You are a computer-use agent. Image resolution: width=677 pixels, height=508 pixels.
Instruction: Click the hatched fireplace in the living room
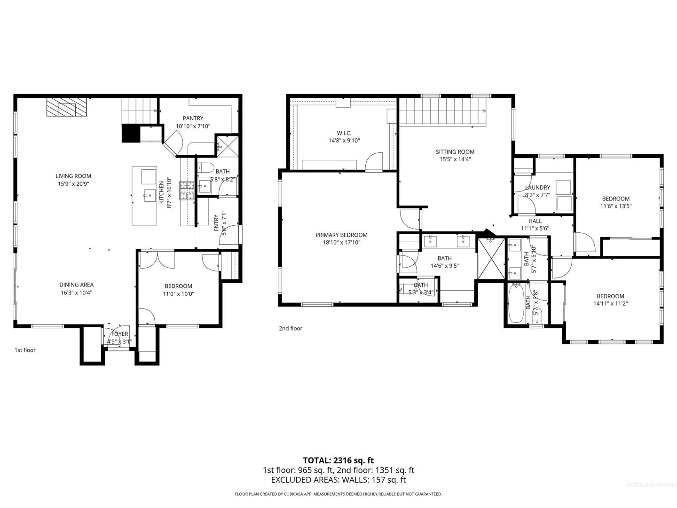click(x=67, y=107)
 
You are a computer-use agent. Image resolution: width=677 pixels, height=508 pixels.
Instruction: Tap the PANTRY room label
click(x=193, y=118)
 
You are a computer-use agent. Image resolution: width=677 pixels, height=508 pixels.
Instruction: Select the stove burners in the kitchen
click(x=187, y=190)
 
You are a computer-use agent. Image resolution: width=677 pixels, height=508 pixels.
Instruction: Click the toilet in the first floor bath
click(x=206, y=167)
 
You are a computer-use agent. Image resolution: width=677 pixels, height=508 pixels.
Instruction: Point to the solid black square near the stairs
click(x=131, y=133)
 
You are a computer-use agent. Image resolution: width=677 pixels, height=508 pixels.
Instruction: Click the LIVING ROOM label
click(x=73, y=176)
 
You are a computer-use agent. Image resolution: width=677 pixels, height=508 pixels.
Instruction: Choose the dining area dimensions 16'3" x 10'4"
click(x=76, y=293)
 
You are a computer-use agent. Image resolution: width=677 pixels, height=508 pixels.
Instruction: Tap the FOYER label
click(x=120, y=334)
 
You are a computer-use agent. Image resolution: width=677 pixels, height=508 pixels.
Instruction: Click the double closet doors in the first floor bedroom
click(x=157, y=260)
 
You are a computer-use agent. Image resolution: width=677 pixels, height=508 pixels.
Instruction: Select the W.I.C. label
click(x=344, y=133)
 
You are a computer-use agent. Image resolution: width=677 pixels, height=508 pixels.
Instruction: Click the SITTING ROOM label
click(x=455, y=152)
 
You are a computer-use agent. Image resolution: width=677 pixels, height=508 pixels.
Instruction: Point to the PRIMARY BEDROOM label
click(x=341, y=235)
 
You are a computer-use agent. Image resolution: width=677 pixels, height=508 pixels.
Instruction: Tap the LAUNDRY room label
click(x=537, y=188)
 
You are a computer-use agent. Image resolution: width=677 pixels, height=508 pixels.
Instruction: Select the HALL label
click(x=535, y=221)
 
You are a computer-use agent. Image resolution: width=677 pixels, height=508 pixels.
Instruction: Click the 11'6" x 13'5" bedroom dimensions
click(x=615, y=206)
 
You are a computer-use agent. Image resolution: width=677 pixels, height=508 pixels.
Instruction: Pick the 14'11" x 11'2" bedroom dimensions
click(x=610, y=303)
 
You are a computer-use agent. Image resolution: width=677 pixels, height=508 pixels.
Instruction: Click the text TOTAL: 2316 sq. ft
click(x=338, y=460)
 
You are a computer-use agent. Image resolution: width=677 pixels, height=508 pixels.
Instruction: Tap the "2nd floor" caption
click(x=291, y=328)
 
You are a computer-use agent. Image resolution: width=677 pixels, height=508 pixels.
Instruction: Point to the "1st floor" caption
click(x=25, y=350)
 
